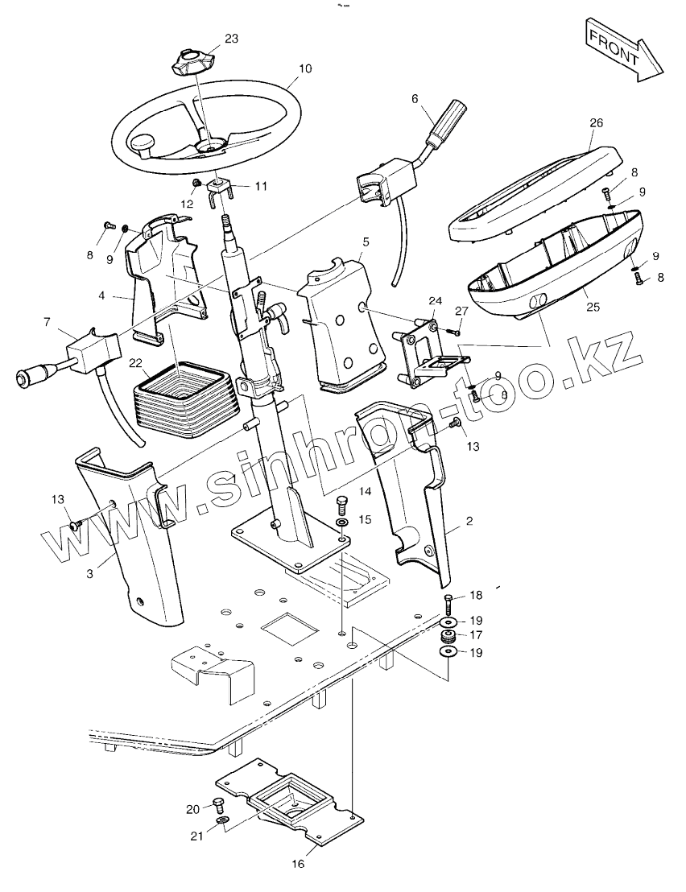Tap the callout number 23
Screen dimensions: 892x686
[231, 38]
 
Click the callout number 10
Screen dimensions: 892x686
[304, 68]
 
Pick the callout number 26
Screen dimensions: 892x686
[596, 123]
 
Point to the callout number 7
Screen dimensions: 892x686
[48, 323]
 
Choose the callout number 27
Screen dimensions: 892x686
[461, 310]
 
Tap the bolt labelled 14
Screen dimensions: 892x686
[341, 507]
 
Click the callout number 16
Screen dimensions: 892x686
[298, 864]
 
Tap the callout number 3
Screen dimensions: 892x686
[90, 573]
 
